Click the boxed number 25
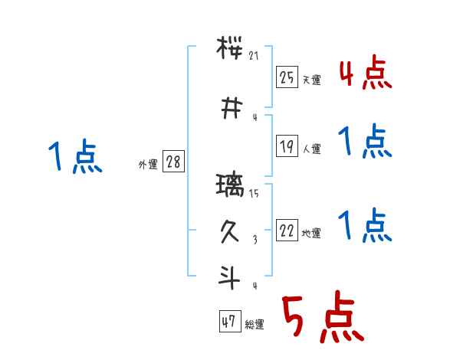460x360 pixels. pyautogui.click(x=287, y=77)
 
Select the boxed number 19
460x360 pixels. pyautogui.click(x=287, y=147)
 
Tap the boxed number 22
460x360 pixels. pyautogui.click(x=287, y=231)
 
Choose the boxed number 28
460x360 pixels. pyautogui.click(x=173, y=163)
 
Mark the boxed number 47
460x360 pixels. pyautogui.click(x=229, y=322)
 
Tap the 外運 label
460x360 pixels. pyautogui.click(x=148, y=165)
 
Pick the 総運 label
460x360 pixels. pyautogui.click(x=254, y=325)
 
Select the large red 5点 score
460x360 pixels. pyautogui.click(x=321, y=318)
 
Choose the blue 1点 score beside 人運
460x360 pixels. pyautogui.click(x=364, y=141)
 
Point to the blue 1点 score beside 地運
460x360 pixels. pyautogui.click(x=364, y=224)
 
